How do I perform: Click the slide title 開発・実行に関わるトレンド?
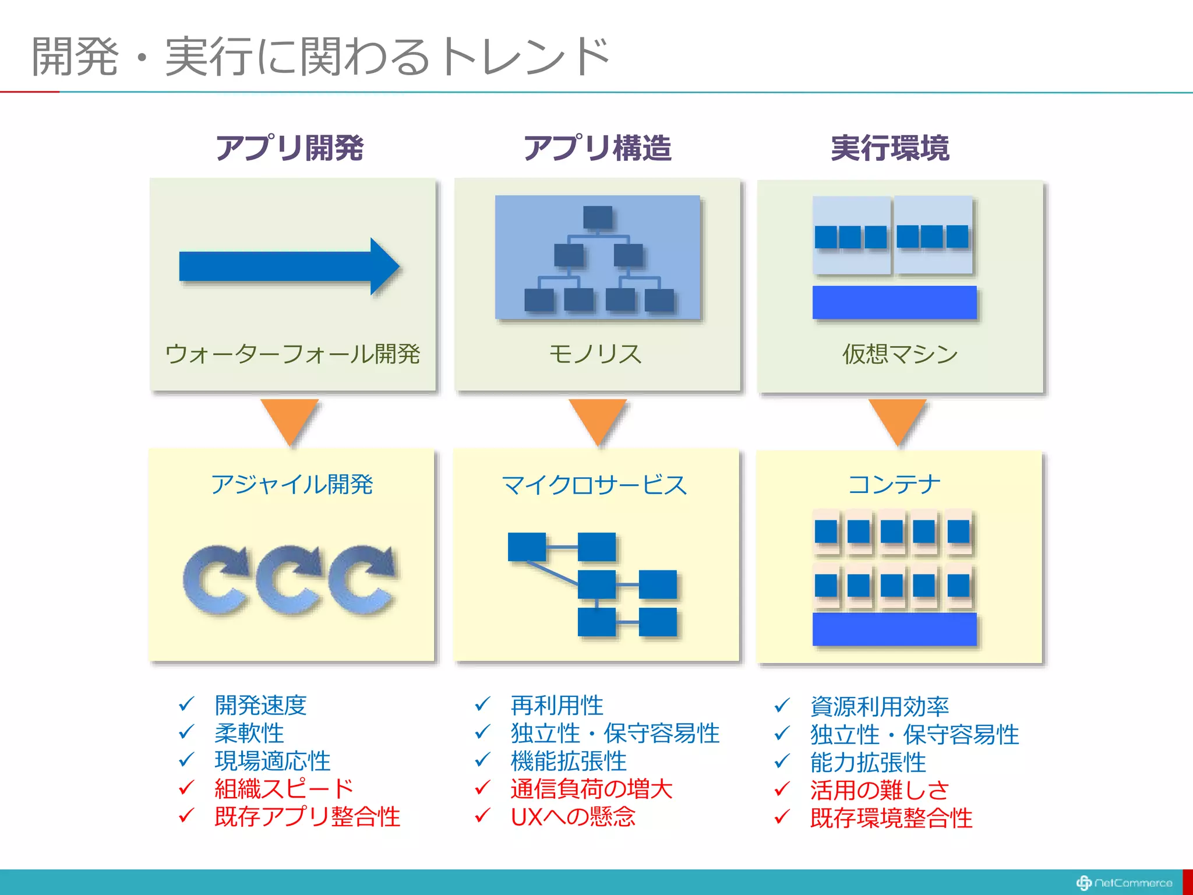click(320, 57)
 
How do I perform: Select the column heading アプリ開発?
click(290, 148)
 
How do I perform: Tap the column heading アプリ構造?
click(597, 148)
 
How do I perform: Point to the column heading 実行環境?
click(890, 148)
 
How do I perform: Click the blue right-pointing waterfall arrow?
click(289, 266)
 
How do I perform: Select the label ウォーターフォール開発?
click(292, 354)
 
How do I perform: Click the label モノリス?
click(595, 354)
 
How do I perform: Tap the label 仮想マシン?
click(900, 354)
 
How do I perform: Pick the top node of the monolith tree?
click(598, 217)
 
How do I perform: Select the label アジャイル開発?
click(292, 484)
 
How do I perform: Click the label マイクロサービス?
click(595, 485)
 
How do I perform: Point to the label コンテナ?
click(894, 484)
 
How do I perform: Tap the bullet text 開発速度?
click(260, 705)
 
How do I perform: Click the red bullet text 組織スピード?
click(284, 789)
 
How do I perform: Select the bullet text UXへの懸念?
click(573, 817)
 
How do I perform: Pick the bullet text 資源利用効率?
click(880, 706)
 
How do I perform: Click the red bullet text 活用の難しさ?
click(880, 790)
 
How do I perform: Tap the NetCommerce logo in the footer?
click(1124, 883)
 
